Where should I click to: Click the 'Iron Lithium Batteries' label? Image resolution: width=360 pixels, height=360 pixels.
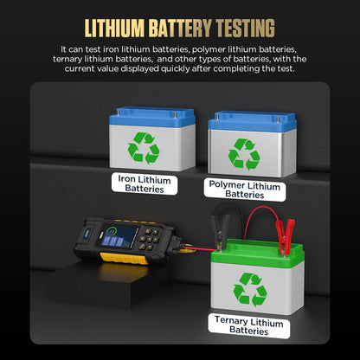pos(145,183)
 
